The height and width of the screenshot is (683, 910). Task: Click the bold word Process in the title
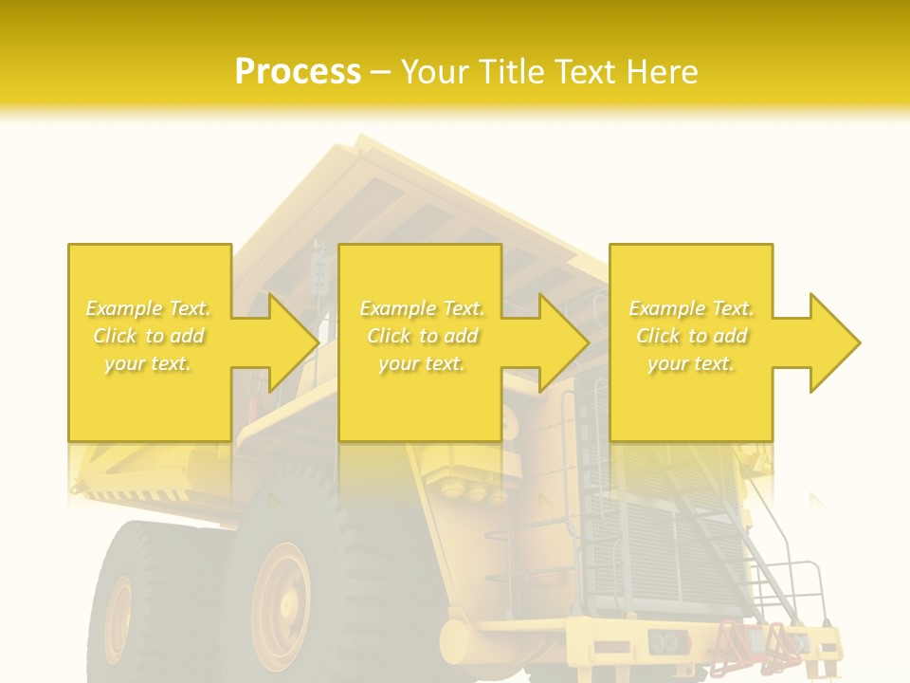click(298, 72)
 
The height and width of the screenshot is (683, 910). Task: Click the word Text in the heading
click(586, 72)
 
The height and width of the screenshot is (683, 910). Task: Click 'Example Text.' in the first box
click(148, 308)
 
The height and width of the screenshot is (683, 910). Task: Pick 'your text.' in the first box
click(148, 363)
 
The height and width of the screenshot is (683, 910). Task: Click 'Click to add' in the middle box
click(422, 336)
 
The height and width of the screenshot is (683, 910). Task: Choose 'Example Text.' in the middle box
click(422, 308)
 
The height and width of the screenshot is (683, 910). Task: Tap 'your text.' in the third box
click(691, 363)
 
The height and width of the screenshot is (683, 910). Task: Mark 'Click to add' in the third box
click(691, 336)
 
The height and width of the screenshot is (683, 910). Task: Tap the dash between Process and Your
click(380, 72)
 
